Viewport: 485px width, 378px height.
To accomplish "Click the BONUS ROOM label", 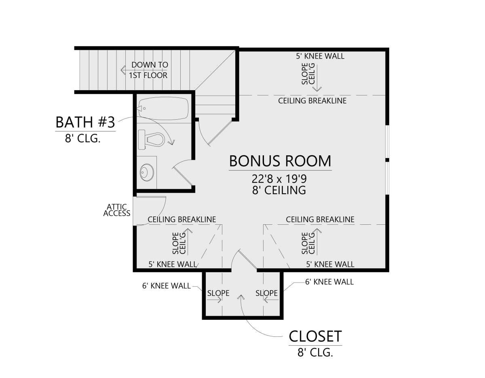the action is [280, 161].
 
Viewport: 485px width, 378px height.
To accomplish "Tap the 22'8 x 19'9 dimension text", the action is [279, 179].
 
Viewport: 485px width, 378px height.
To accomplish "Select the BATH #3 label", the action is [85, 122].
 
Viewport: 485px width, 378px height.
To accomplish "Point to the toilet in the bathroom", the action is [151, 139].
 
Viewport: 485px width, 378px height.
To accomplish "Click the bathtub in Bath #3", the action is [163, 108].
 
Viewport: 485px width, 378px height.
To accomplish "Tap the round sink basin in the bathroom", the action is [147, 172].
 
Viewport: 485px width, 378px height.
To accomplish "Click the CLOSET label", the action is [315, 336].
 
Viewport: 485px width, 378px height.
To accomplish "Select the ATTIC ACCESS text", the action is [117, 210].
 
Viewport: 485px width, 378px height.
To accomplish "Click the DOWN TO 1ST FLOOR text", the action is [148, 70].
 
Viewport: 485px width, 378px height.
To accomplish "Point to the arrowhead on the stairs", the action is [123, 70].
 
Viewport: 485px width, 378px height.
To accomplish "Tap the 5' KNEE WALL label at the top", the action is [320, 56].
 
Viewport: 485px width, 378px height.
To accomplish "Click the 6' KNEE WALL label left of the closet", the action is [166, 286].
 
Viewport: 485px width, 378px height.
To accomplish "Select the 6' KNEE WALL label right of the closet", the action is [329, 282].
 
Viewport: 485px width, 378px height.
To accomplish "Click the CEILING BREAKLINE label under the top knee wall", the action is [312, 101].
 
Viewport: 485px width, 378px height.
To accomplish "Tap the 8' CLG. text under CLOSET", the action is [315, 353].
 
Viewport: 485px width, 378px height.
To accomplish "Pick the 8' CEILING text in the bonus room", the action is [279, 190].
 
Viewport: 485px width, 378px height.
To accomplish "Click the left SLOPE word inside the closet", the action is [218, 293].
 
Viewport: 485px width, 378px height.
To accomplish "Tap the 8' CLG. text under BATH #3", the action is [82, 138].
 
